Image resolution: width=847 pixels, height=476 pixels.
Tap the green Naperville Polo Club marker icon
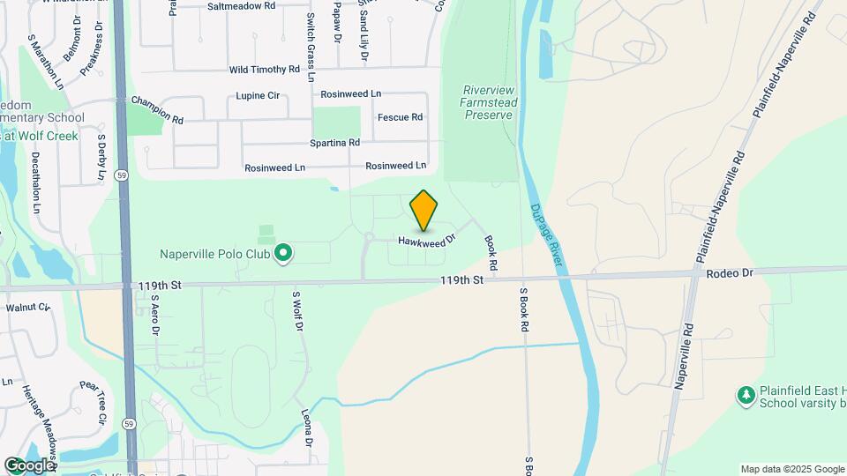coord(283,255)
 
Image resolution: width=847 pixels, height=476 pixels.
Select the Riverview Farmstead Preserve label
coord(489,102)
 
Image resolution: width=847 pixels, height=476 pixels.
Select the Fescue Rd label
coord(400,117)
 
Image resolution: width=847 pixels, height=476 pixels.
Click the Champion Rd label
coord(157,110)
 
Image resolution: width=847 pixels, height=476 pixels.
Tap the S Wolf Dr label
coord(297,310)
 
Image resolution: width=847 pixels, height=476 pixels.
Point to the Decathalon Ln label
coord(36,183)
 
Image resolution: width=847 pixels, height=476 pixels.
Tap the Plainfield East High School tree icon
coord(746,395)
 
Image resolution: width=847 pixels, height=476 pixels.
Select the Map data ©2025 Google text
coord(791,469)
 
